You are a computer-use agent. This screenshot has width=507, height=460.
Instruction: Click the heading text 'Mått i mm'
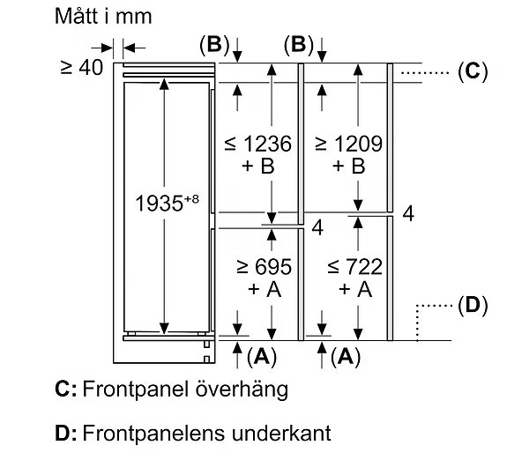pos(103,16)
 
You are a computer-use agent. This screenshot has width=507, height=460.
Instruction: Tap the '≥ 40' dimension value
pos(82,68)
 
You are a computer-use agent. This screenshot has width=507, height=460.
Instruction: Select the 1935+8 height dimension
pos(167,204)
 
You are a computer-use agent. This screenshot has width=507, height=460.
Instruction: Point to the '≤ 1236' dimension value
pos(258,144)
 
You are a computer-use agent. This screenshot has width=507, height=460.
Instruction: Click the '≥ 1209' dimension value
pos(348,144)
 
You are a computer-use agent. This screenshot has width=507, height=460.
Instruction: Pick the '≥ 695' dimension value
pos(265,267)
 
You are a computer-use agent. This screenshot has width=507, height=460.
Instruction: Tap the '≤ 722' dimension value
pos(355,267)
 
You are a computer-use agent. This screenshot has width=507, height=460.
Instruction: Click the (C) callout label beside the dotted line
pos(473,71)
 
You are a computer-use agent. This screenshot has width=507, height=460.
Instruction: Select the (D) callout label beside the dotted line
pos(473,305)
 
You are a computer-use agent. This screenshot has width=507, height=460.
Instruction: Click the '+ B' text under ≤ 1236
pos(258,167)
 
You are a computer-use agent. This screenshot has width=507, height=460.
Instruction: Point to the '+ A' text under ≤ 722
pos(355,289)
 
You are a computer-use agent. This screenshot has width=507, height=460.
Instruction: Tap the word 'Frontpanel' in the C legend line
pos(136,390)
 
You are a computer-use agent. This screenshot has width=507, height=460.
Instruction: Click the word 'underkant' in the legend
pos(281,434)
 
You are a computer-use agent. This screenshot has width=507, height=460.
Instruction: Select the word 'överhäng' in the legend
pos(242,390)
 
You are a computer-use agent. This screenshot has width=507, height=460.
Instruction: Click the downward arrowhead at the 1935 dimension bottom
pos(164,328)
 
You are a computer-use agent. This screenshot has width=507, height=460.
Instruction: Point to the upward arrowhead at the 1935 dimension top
pos(164,84)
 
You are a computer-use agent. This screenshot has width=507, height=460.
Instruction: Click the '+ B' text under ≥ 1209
pos(348,167)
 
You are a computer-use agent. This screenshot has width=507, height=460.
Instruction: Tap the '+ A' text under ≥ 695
pos(265,289)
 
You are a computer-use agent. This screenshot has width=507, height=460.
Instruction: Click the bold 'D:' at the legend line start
pos(66,434)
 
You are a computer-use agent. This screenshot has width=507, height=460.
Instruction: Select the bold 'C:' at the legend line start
pos(66,389)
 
